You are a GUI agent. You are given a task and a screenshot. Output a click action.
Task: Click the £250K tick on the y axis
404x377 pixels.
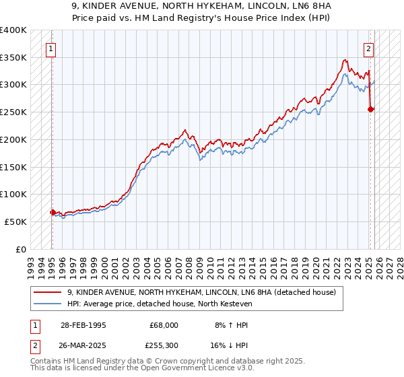click(x=13, y=112)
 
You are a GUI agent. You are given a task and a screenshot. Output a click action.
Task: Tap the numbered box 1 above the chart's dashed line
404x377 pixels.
click(x=51, y=48)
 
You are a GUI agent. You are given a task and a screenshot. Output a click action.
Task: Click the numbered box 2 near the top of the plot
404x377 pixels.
click(x=369, y=48)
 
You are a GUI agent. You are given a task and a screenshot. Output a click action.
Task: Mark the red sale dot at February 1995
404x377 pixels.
click(x=53, y=212)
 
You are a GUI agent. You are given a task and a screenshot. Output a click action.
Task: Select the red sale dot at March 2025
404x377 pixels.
click(x=371, y=109)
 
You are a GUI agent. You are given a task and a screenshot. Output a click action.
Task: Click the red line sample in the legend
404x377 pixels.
click(x=48, y=292)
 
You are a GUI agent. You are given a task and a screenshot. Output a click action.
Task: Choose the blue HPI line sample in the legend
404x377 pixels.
click(x=48, y=304)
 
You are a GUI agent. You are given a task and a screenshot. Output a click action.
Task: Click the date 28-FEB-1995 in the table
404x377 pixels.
click(x=82, y=324)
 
